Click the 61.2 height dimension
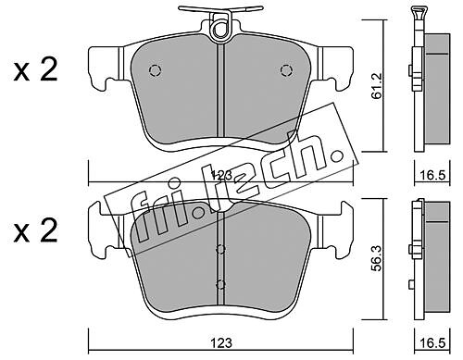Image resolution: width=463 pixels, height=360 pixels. pyautogui.click(x=377, y=86)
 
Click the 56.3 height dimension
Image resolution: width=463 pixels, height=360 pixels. pyautogui.click(x=377, y=258)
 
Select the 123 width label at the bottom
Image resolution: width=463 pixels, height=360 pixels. pyautogui.click(x=221, y=342)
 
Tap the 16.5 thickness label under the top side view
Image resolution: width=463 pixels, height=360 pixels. pyautogui.click(x=432, y=175)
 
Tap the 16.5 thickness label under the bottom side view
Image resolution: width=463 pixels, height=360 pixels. pyautogui.click(x=432, y=342)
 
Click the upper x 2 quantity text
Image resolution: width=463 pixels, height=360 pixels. pyautogui.click(x=35, y=70)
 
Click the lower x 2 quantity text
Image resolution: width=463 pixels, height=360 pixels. pyautogui.click(x=35, y=230)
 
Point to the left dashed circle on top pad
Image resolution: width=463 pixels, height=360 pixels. pyautogui.click(x=155, y=70)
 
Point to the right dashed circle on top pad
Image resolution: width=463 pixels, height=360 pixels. pyautogui.click(x=286, y=70)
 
